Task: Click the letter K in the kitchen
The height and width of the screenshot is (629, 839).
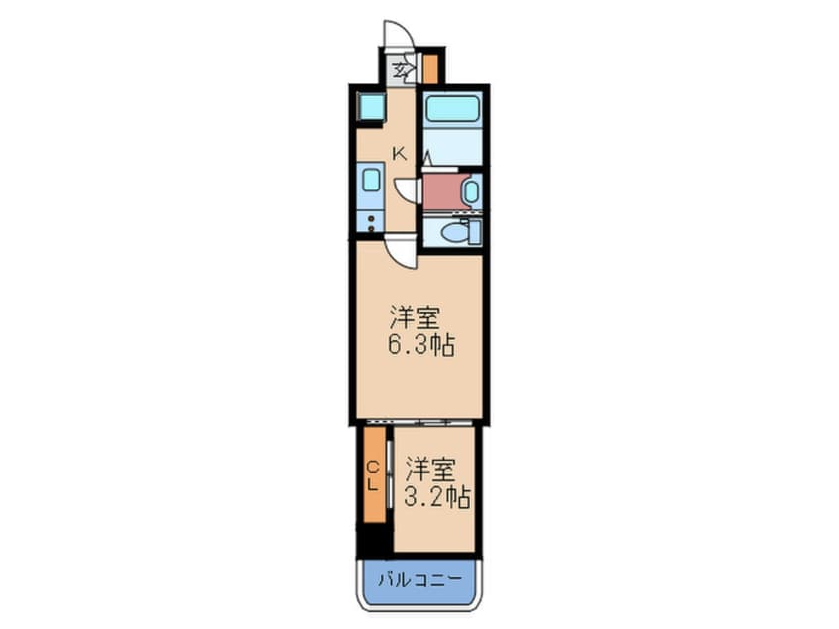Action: [400, 153]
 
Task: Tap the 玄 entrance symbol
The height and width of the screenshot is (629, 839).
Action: [400, 70]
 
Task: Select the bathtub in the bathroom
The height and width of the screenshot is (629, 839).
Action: [452, 108]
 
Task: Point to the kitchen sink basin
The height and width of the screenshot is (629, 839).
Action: [371, 180]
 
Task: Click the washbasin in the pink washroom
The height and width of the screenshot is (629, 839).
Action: [470, 189]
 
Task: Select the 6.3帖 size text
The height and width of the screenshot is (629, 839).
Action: [419, 348]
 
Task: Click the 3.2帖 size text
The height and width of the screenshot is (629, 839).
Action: [436, 496]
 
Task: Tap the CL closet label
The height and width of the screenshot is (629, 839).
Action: [373, 476]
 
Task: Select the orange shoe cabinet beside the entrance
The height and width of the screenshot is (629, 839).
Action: [430, 68]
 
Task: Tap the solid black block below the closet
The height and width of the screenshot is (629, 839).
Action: [373, 541]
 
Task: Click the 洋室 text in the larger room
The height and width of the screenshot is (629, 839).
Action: [415, 318]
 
